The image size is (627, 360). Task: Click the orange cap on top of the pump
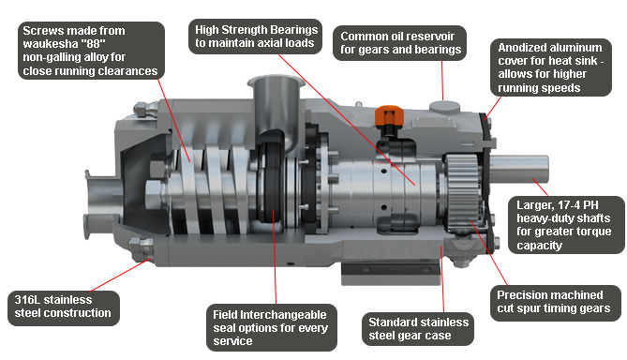tap(389, 115)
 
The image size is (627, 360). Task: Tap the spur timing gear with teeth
tap(463, 192)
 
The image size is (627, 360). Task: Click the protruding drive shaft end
tap(519, 169)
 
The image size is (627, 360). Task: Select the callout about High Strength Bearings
tap(255, 37)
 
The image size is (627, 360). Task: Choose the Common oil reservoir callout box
tap(400, 43)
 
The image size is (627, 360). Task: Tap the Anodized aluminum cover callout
tap(551, 67)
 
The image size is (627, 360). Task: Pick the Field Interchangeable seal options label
tap(272, 327)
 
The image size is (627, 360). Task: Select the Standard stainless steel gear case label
tap(418, 329)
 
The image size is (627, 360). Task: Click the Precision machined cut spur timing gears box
tap(556, 303)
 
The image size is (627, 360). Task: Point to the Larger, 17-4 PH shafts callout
tap(566, 225)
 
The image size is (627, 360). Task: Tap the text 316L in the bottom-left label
tap(27, 300)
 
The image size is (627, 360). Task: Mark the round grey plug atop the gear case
tap(444, 107)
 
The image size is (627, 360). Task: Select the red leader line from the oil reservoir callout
tap(442, 81)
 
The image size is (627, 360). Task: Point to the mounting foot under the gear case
tap(391, 273)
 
